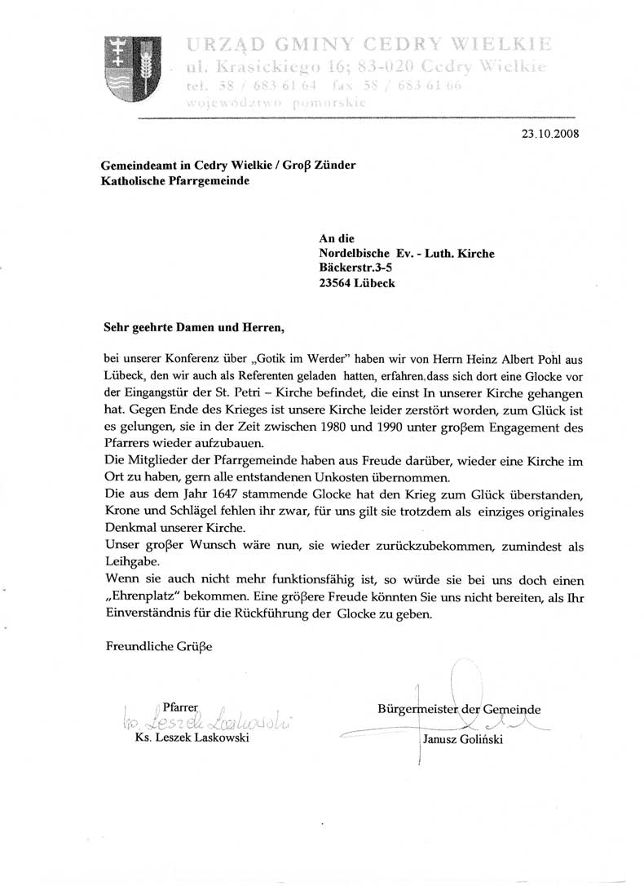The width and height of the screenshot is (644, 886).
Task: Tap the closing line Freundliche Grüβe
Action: pos(159,647)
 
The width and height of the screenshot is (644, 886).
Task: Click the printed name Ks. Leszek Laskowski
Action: pos(193,738)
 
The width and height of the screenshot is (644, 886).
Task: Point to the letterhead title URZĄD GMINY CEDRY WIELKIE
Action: pos(368,42)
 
